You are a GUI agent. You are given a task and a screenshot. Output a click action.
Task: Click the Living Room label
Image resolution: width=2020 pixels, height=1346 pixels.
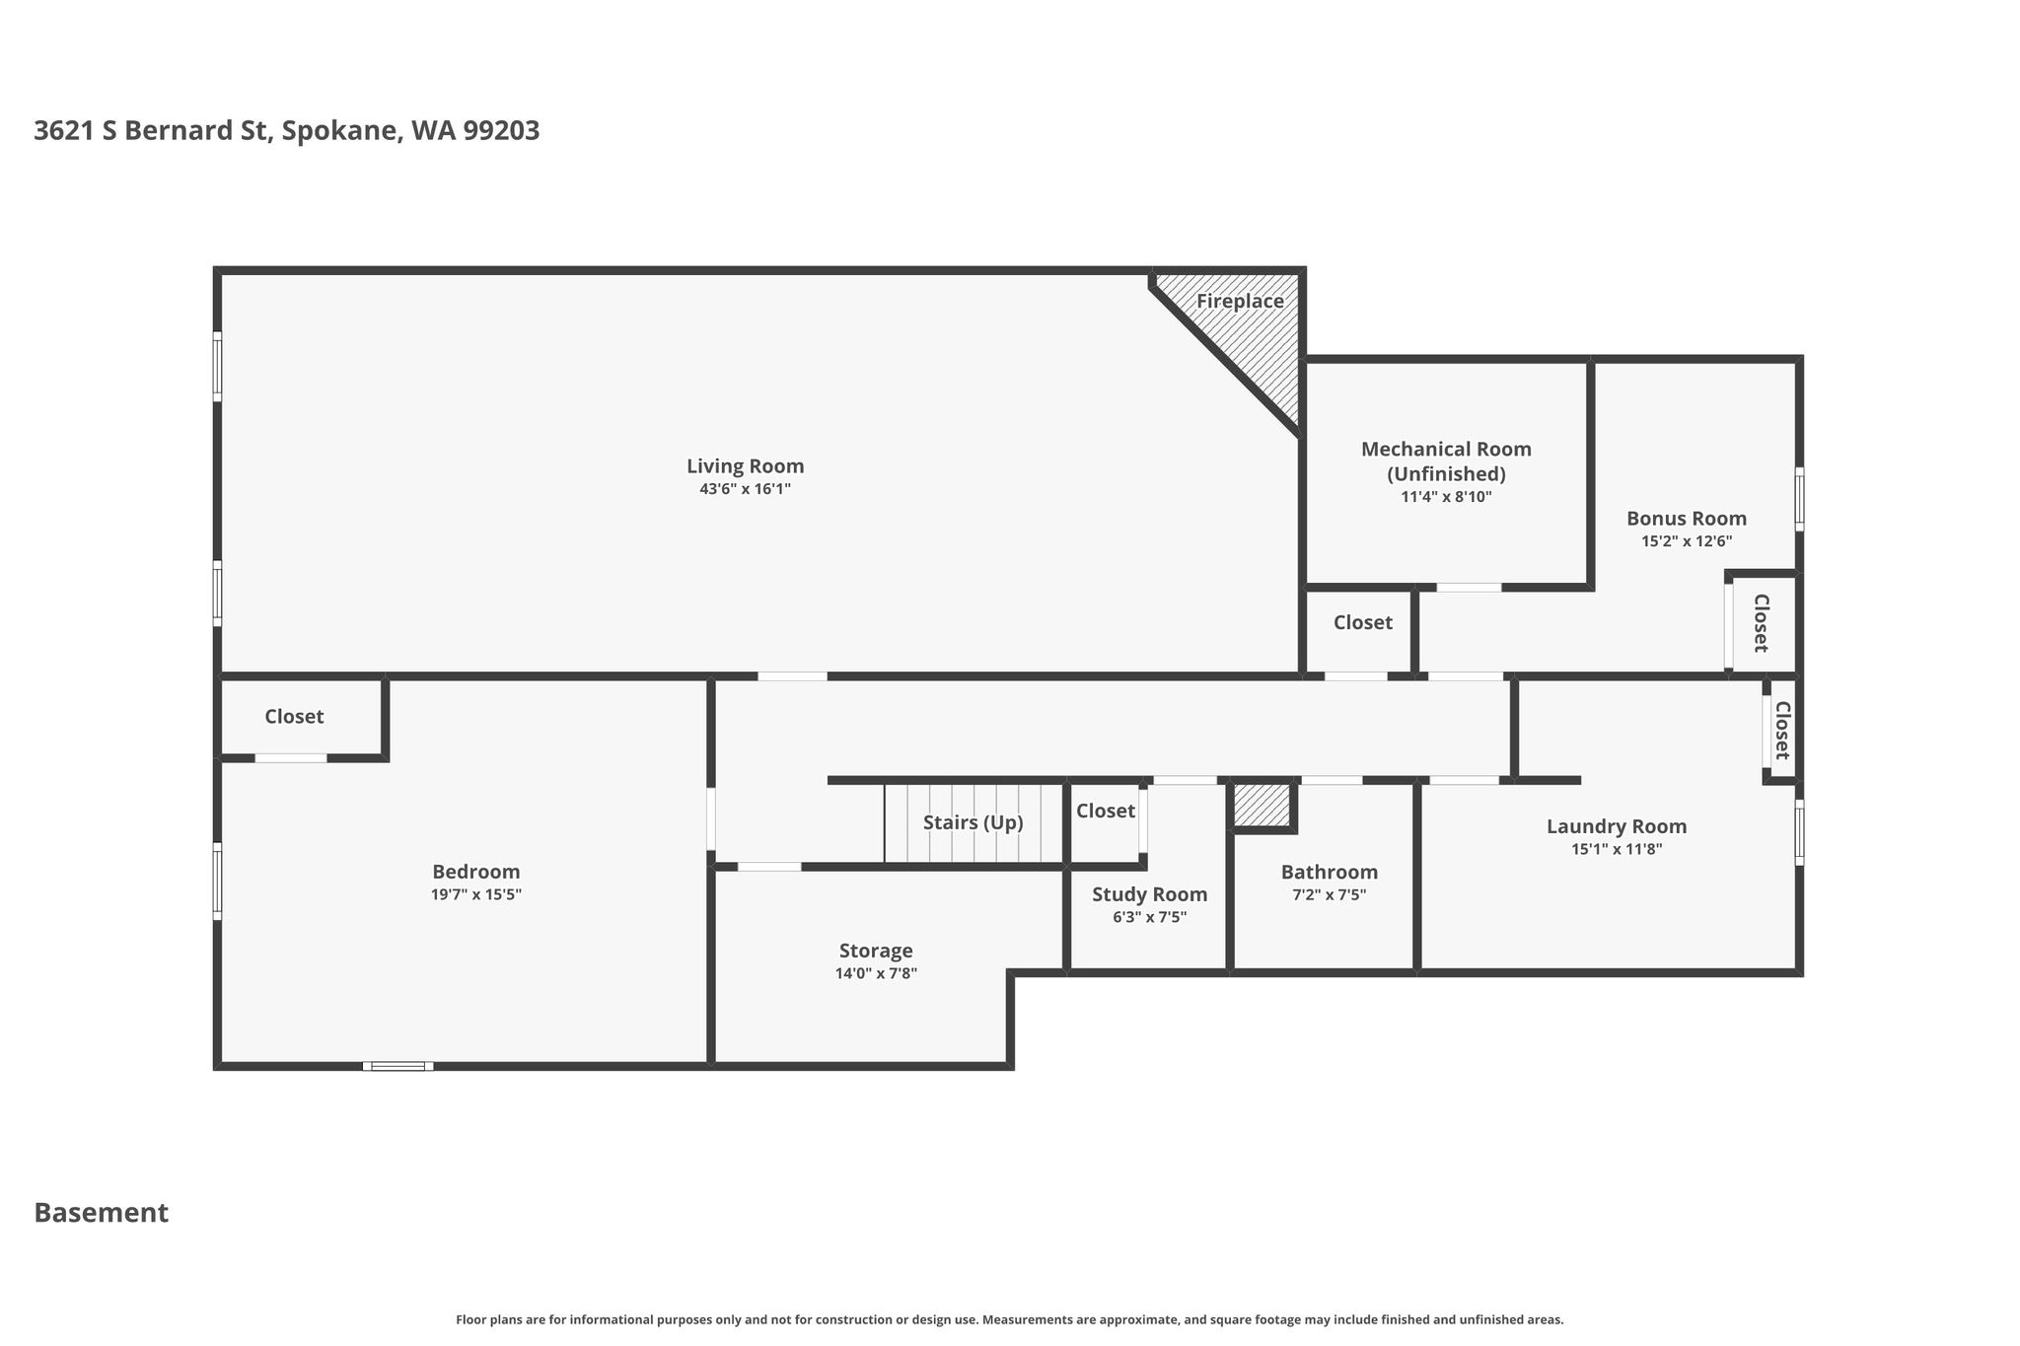(745, 466)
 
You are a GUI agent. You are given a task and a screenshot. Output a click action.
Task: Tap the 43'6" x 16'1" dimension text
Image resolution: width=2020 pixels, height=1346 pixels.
(745, 489)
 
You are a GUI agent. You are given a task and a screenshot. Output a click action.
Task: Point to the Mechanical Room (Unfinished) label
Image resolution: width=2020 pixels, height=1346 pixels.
(1446, 461)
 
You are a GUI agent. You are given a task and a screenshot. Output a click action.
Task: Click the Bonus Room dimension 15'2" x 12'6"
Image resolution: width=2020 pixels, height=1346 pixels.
(1687, 541)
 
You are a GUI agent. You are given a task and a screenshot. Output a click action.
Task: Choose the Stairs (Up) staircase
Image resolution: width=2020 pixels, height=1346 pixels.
(974, 823)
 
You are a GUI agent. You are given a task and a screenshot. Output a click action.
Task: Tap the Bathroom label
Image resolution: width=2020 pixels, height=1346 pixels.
(1329, 873)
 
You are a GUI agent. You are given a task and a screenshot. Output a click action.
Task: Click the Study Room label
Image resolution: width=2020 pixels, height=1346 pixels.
(1149, 894)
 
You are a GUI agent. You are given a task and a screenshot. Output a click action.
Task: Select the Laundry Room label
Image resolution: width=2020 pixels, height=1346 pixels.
(1617, 826)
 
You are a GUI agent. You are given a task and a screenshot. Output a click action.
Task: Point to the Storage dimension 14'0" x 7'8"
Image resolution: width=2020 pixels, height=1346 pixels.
(876, 974)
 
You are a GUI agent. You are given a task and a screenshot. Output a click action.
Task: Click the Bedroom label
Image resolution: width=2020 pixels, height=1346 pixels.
(475, 872)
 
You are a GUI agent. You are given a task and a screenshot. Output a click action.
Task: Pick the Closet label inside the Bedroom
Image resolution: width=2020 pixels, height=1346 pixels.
(294, 717)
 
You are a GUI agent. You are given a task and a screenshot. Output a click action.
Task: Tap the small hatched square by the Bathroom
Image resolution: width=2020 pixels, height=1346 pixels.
(1262, 805)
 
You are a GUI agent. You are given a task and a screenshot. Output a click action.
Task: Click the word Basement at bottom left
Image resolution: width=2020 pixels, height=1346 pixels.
(102, 1213)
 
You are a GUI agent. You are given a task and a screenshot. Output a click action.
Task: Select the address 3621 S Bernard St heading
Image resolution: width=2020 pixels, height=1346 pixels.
(287, 131)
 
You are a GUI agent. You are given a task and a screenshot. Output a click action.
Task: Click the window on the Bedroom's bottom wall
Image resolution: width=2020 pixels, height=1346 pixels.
(397, 1066)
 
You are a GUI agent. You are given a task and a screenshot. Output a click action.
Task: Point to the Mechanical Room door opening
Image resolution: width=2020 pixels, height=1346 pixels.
(1469, 588)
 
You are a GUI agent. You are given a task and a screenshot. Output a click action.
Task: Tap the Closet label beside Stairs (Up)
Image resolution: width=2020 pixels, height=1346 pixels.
(1106, 811)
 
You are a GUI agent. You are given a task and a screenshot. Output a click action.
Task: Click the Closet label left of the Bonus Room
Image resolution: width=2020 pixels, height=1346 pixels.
(1363, 623)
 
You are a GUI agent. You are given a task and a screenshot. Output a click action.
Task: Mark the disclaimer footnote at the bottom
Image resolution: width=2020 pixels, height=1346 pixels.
(1010, 1319)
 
